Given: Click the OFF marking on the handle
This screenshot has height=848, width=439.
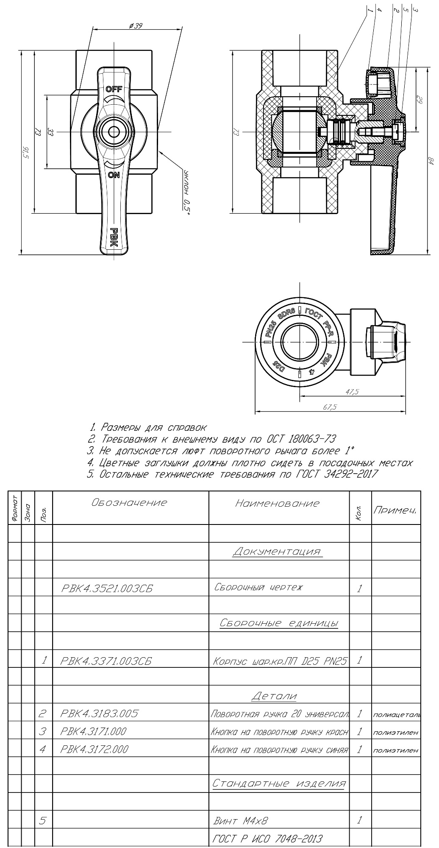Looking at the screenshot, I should click(x=114, y=89).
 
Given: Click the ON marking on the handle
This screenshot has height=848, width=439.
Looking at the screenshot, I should click(x=114, y=174).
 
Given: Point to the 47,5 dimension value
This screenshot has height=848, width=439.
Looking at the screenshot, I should click(x=352, y=392).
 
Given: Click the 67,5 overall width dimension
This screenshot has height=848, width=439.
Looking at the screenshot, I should click(x=330, y=407).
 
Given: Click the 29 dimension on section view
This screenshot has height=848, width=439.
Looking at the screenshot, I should click(x=420, y=100).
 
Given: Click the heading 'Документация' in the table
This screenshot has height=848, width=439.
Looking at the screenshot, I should click(x=277, y=551).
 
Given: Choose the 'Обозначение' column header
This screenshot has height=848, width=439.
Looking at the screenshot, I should click(x=129, y=503).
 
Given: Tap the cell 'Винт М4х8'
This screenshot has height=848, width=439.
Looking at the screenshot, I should click(x=241, y=820).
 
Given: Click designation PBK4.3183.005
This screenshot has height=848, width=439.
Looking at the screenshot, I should click(x=100, y=713).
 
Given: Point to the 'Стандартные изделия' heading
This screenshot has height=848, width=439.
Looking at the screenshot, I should click(x=279, y=783).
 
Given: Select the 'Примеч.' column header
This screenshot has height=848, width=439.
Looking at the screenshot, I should click(x=395, y=510).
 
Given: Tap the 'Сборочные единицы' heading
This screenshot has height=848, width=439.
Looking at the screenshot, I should click(x=279, y=623).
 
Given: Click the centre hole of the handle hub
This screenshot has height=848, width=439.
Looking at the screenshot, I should click(x=114, y=132).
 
